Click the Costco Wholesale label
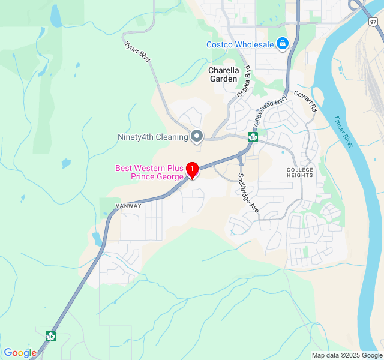240,44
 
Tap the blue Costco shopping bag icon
283,43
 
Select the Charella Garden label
223,74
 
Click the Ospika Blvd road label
243,82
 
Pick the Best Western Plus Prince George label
149,172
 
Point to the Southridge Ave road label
247,192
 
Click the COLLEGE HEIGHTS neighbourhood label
300,172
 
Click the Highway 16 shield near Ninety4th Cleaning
253,137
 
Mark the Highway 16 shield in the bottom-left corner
50,337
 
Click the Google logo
20,353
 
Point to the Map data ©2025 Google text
346,355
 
